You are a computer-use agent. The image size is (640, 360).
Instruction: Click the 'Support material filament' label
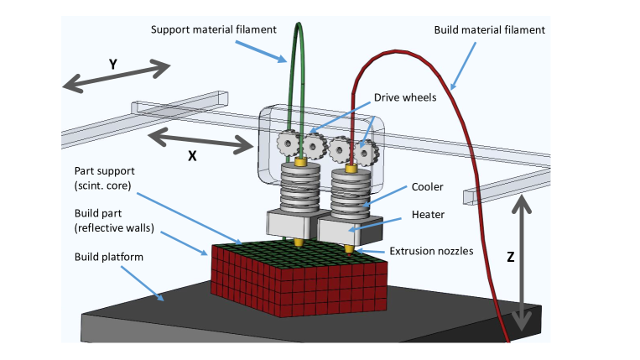click(x=213, y=29)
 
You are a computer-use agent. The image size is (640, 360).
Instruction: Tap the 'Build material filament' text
click(x=489, y=30)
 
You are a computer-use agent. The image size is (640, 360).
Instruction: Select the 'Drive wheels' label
click(x=405, y=97)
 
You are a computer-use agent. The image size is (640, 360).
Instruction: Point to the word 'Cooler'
click(x=427, y=186)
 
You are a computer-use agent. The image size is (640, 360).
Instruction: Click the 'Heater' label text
click(x=428, y=214)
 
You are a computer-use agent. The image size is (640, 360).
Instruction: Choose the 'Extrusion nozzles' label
click(x=431, y=251)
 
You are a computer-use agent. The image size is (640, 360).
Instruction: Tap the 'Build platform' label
click(x=108, y=257)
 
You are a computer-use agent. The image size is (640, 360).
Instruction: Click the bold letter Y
click(x=113, y=64)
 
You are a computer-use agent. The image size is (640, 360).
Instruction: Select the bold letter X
click(x=192, y=155)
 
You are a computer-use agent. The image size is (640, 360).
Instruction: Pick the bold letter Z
click(x=510, y=257)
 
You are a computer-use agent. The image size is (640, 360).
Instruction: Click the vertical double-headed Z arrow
click(x=521, y=263)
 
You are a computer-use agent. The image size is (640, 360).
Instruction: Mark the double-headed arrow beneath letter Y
click(x=117, y=76)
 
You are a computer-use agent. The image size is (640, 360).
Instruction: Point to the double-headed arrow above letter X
click(x=200, y=141)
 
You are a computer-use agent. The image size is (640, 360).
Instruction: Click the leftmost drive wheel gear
click(x=288, y=143)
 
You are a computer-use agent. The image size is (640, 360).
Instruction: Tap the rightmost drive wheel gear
click(x=366, y=153)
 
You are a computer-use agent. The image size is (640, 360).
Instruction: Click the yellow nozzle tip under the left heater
click(x=299, y=243)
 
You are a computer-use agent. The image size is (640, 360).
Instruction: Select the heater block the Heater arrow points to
click(x=350, y=230)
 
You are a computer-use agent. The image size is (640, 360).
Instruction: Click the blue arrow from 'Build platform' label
click(x=142, y=284)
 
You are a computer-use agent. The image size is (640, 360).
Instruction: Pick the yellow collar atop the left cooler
click(x=301, y=162)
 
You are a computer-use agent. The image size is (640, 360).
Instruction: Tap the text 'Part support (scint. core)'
click(x=105, y=179)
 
